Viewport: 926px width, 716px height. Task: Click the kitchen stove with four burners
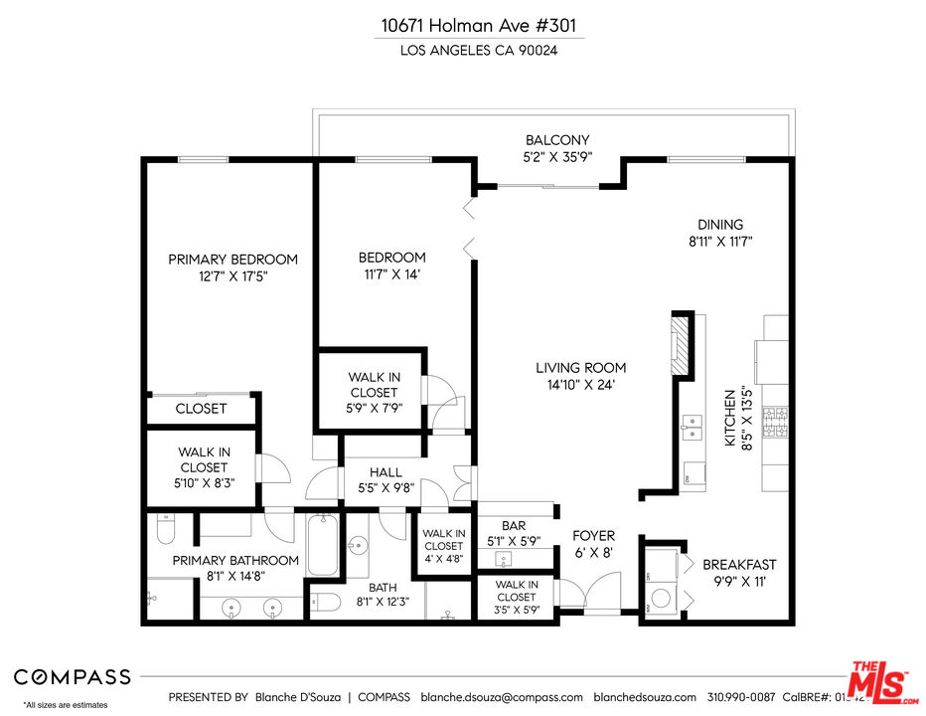(x=775, y=424)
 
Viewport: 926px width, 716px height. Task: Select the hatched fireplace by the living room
(x=681, y=345)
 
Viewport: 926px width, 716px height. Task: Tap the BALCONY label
(x=557, y=140)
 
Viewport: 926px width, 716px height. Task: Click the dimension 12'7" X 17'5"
(x=232, y=277)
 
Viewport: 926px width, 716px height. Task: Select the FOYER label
(x=593, y=535)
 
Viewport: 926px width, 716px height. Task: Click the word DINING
(x=719, y=224)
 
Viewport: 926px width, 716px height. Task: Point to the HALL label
(x=386, y=472)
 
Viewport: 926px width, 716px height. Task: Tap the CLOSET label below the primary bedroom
(x=201, y=408)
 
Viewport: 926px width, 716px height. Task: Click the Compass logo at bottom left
(x=72, y=677)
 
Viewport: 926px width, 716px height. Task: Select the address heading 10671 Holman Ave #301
(x=479, y=26)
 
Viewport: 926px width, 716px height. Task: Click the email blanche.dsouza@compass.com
(x=502, y=697)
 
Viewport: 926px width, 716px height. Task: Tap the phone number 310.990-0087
(x=743, y=697)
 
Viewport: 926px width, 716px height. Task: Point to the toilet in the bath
(x=327, y=601)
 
